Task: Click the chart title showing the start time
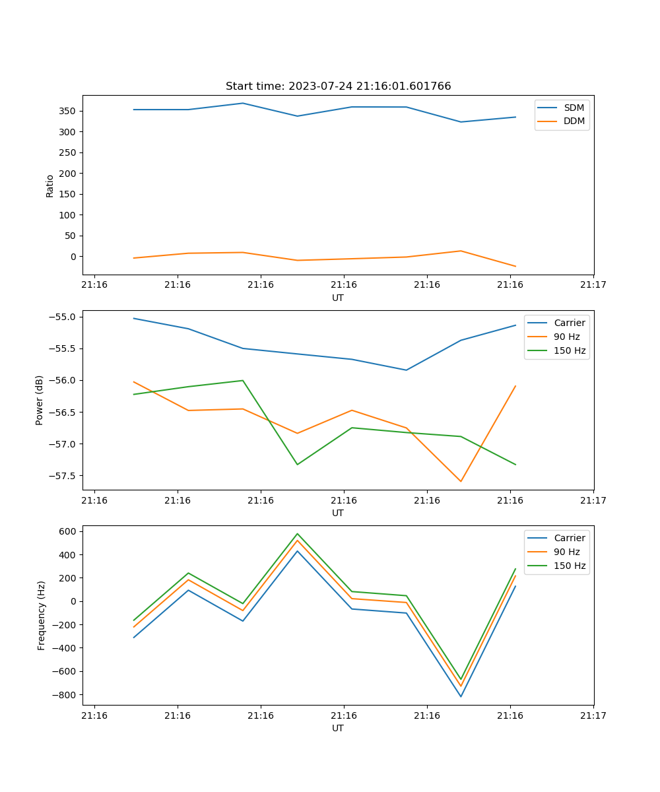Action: [x=338, y=86]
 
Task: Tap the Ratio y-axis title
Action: [x=50, y=185]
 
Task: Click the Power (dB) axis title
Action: [x=40, y=400]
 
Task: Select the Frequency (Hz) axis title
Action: [x=42, y=615]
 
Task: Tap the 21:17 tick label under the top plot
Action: [x=593, y=285]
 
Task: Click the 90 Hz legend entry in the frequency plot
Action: [x=567, y=552]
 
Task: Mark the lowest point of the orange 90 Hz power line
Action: [x=461, y=481]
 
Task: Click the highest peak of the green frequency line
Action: [x=297, y=534]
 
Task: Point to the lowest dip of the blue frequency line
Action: [x=461, y=696]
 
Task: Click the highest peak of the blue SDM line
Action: [x=243, y=103]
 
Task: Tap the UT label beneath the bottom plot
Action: [x=338, y=728]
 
